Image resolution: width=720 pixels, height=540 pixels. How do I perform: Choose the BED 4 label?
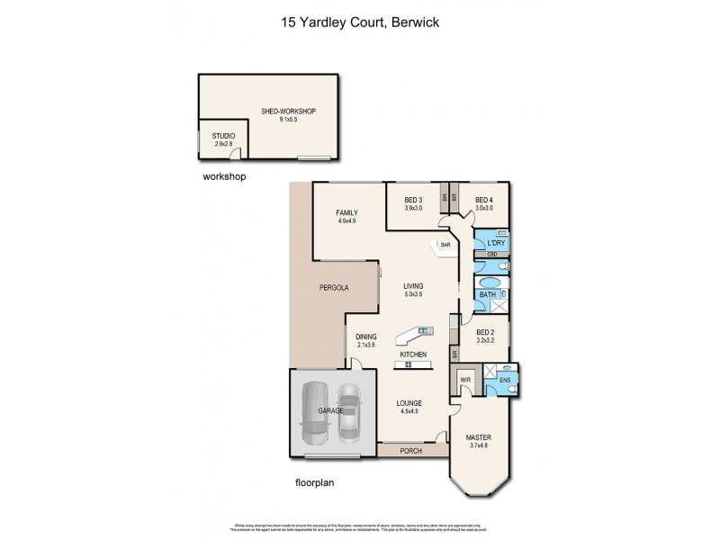pos(485,200)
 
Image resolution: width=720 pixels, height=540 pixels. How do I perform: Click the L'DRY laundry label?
pos(494,243)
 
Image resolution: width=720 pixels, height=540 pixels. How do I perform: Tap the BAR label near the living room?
pos(445,244)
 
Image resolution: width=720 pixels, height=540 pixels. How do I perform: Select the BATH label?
pos(489,293)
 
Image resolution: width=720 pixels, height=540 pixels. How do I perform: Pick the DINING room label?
pos(365,337)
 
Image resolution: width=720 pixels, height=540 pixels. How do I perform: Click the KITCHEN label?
pos(413,355)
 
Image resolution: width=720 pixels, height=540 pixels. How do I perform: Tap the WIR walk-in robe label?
pos(466,380)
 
